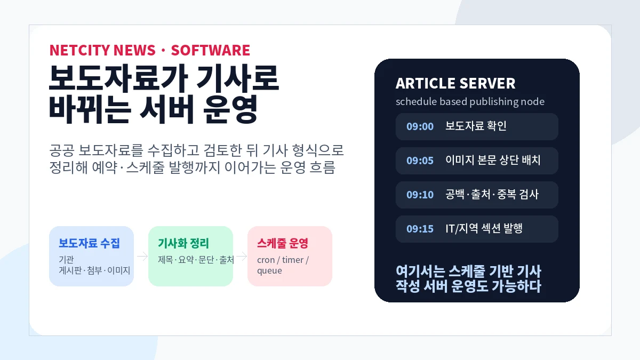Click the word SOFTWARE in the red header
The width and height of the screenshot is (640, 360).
[210, 50]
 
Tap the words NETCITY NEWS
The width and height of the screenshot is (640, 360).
[102, 50]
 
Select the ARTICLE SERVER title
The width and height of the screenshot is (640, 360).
[455, 83]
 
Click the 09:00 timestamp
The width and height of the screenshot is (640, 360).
[420, 126]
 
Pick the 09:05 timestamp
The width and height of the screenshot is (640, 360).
[420, 161]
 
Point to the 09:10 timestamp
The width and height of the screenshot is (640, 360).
[420, 195]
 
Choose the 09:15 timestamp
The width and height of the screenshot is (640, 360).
[420, 229]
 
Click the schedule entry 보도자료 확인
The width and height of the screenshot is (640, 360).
[476, 126]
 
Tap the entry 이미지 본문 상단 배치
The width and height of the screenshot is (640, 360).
[493, 160]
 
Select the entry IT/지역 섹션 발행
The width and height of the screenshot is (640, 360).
[484, 228]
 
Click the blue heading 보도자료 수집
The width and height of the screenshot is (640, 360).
[89, 243]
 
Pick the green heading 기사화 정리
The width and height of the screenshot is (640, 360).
[183, 243]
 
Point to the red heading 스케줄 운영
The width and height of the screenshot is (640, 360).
[283, 243]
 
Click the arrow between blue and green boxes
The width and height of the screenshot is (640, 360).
[142, 257]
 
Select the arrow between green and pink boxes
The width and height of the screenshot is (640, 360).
[242, 257]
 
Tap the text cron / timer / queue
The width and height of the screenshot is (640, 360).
[283, 265]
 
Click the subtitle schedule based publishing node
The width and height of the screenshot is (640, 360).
[470, 102]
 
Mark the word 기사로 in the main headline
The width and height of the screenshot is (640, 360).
[237, 78]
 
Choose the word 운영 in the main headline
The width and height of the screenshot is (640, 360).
[230, 109]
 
